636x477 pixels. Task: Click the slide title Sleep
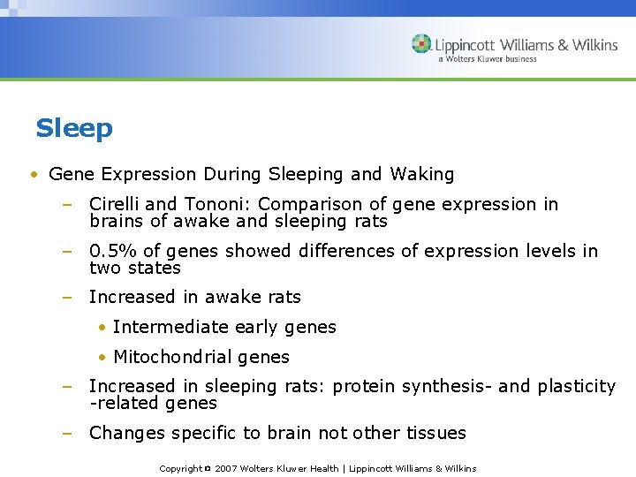(74, 129)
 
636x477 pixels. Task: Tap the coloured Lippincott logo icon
(421, 44)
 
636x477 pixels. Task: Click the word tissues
(434, 434)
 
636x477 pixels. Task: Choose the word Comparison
(309, 205)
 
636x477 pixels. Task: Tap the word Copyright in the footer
(181, 468)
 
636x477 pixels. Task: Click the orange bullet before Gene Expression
(33, 175)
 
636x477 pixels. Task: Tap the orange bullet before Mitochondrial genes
(102, 358)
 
